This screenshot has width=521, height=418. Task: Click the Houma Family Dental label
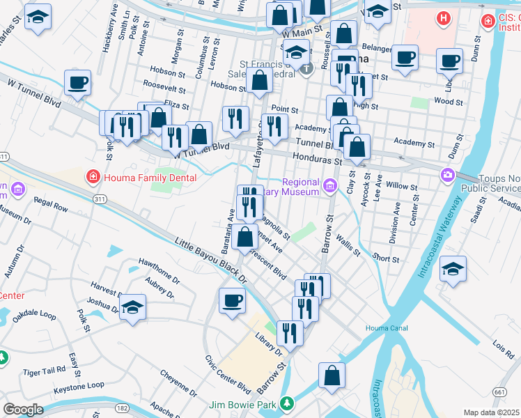coord(150,178)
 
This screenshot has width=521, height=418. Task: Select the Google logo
coord(22,409)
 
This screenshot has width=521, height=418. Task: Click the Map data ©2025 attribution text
coord(491,412)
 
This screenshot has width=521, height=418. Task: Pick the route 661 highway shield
coord(499,393)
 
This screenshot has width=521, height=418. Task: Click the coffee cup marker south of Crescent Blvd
coord(233,301)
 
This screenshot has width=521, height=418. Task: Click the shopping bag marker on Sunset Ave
coord(245,238)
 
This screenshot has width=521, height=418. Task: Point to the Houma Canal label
coord(380,328)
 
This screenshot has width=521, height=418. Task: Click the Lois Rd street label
coord(502,346)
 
